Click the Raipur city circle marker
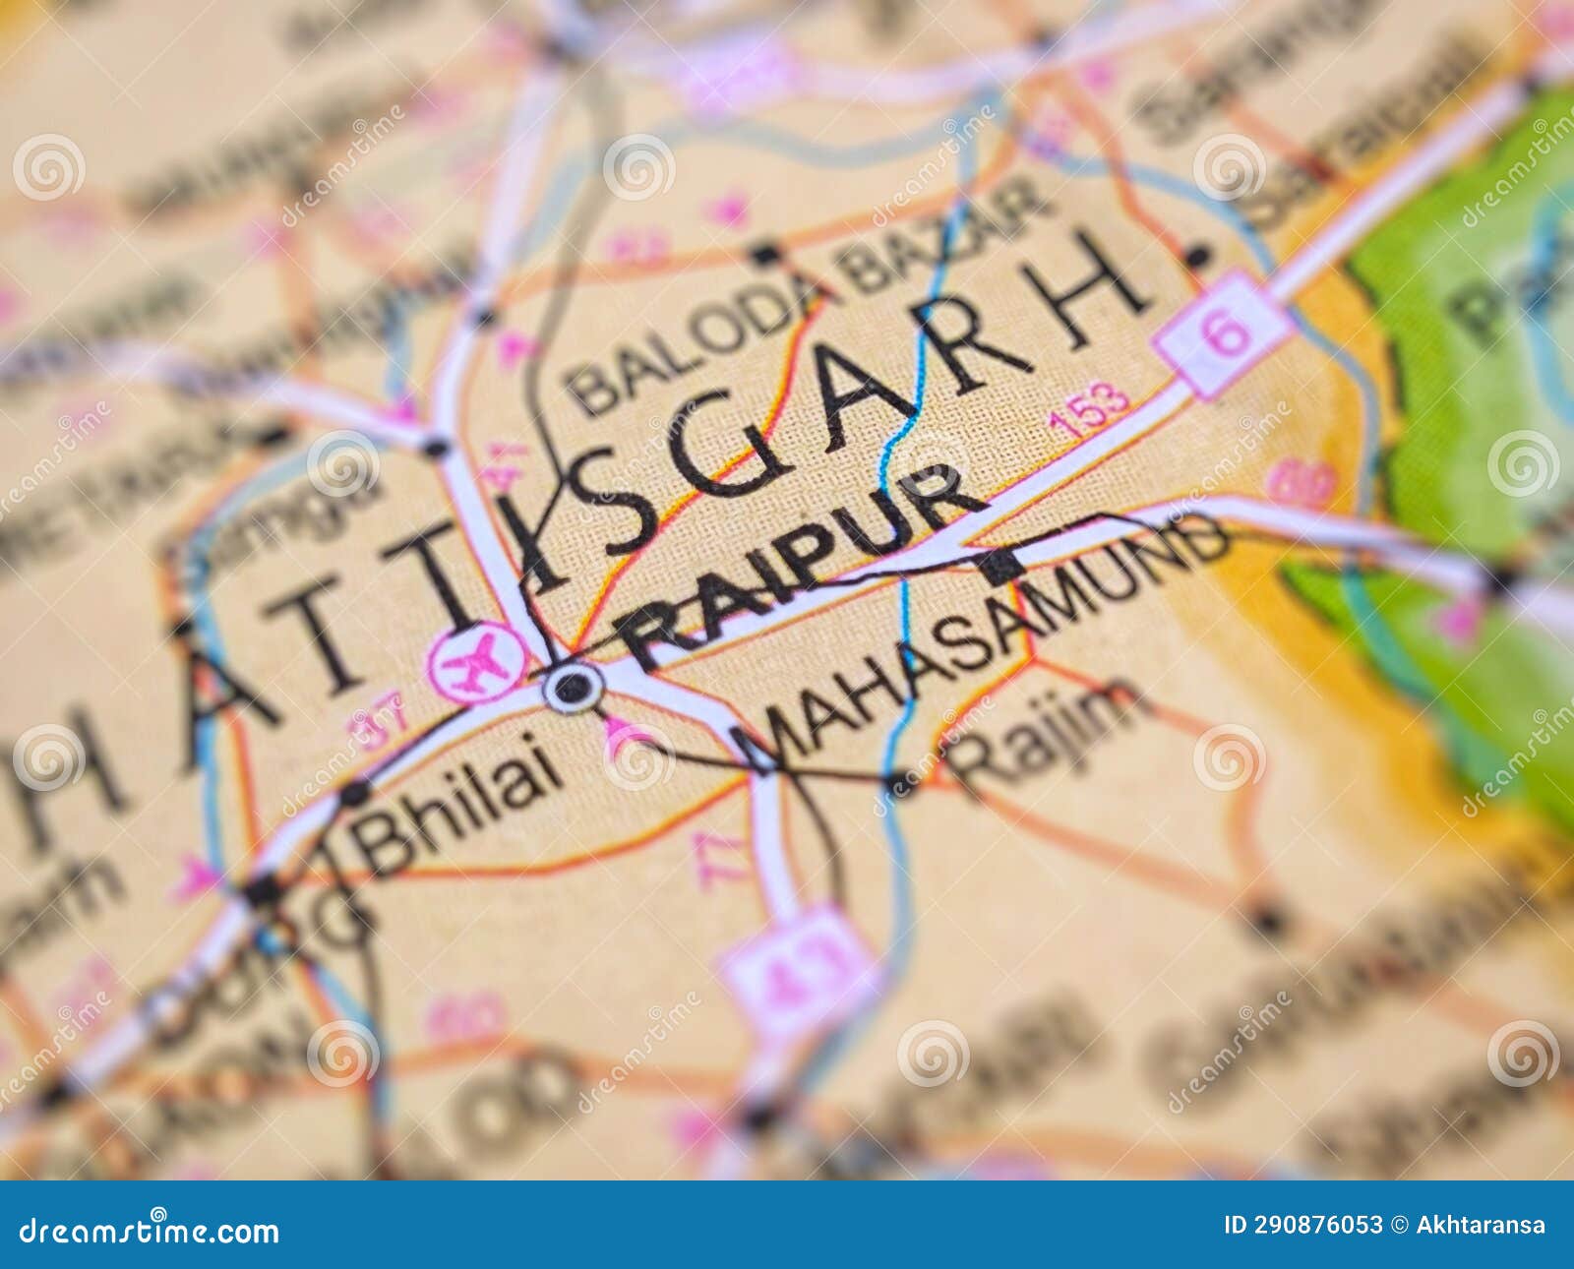click(x=574, y=686)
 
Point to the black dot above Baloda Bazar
click(x=763, y=254)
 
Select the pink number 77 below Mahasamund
click(x=706, y=861)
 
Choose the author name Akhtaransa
click(x=1482, y=1226)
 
